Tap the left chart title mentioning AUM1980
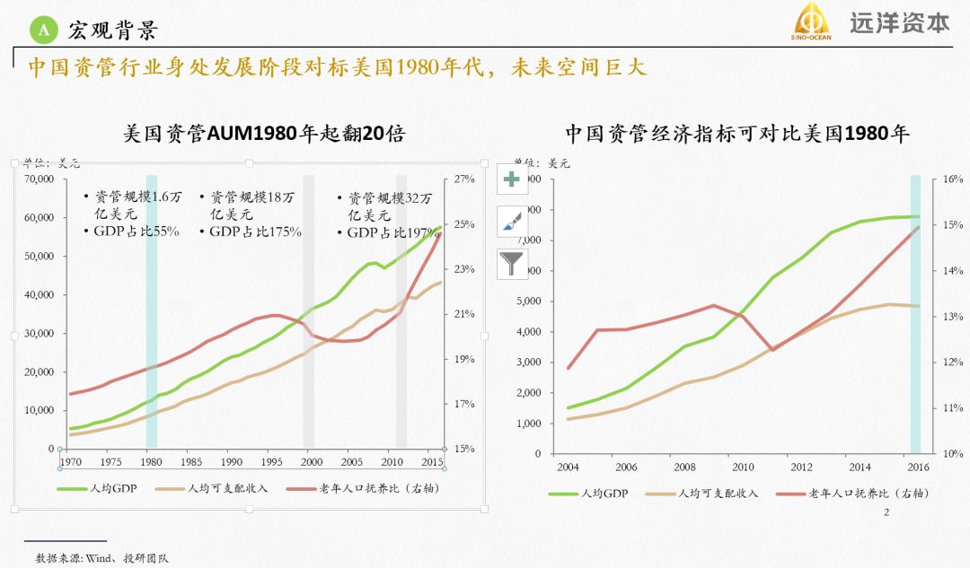[264, 135]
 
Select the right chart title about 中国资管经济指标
[737, 135]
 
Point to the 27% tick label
[463, 179]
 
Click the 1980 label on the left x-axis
[150, 461]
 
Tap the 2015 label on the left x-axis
[432, 461]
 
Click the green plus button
[512, 179]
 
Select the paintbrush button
[512, 221]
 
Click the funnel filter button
[512, 264]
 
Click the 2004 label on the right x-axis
[567, 468]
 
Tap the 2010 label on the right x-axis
[743, 468]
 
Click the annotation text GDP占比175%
[255, 232]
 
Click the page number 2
[886, 512]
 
